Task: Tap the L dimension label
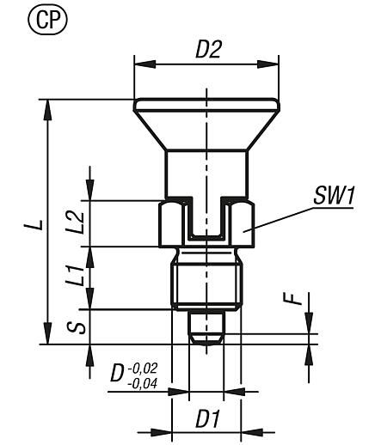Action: tap(31, 225)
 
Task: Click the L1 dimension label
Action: tap(76, 277)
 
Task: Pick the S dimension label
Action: tap(76, 328)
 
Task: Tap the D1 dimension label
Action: tap(205, 421)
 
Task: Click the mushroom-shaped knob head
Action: tap(206, 116)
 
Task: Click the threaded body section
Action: tap(206, 283)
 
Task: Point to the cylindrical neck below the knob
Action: tap(206, 172)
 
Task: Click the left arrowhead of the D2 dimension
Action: tap(138, 62)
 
